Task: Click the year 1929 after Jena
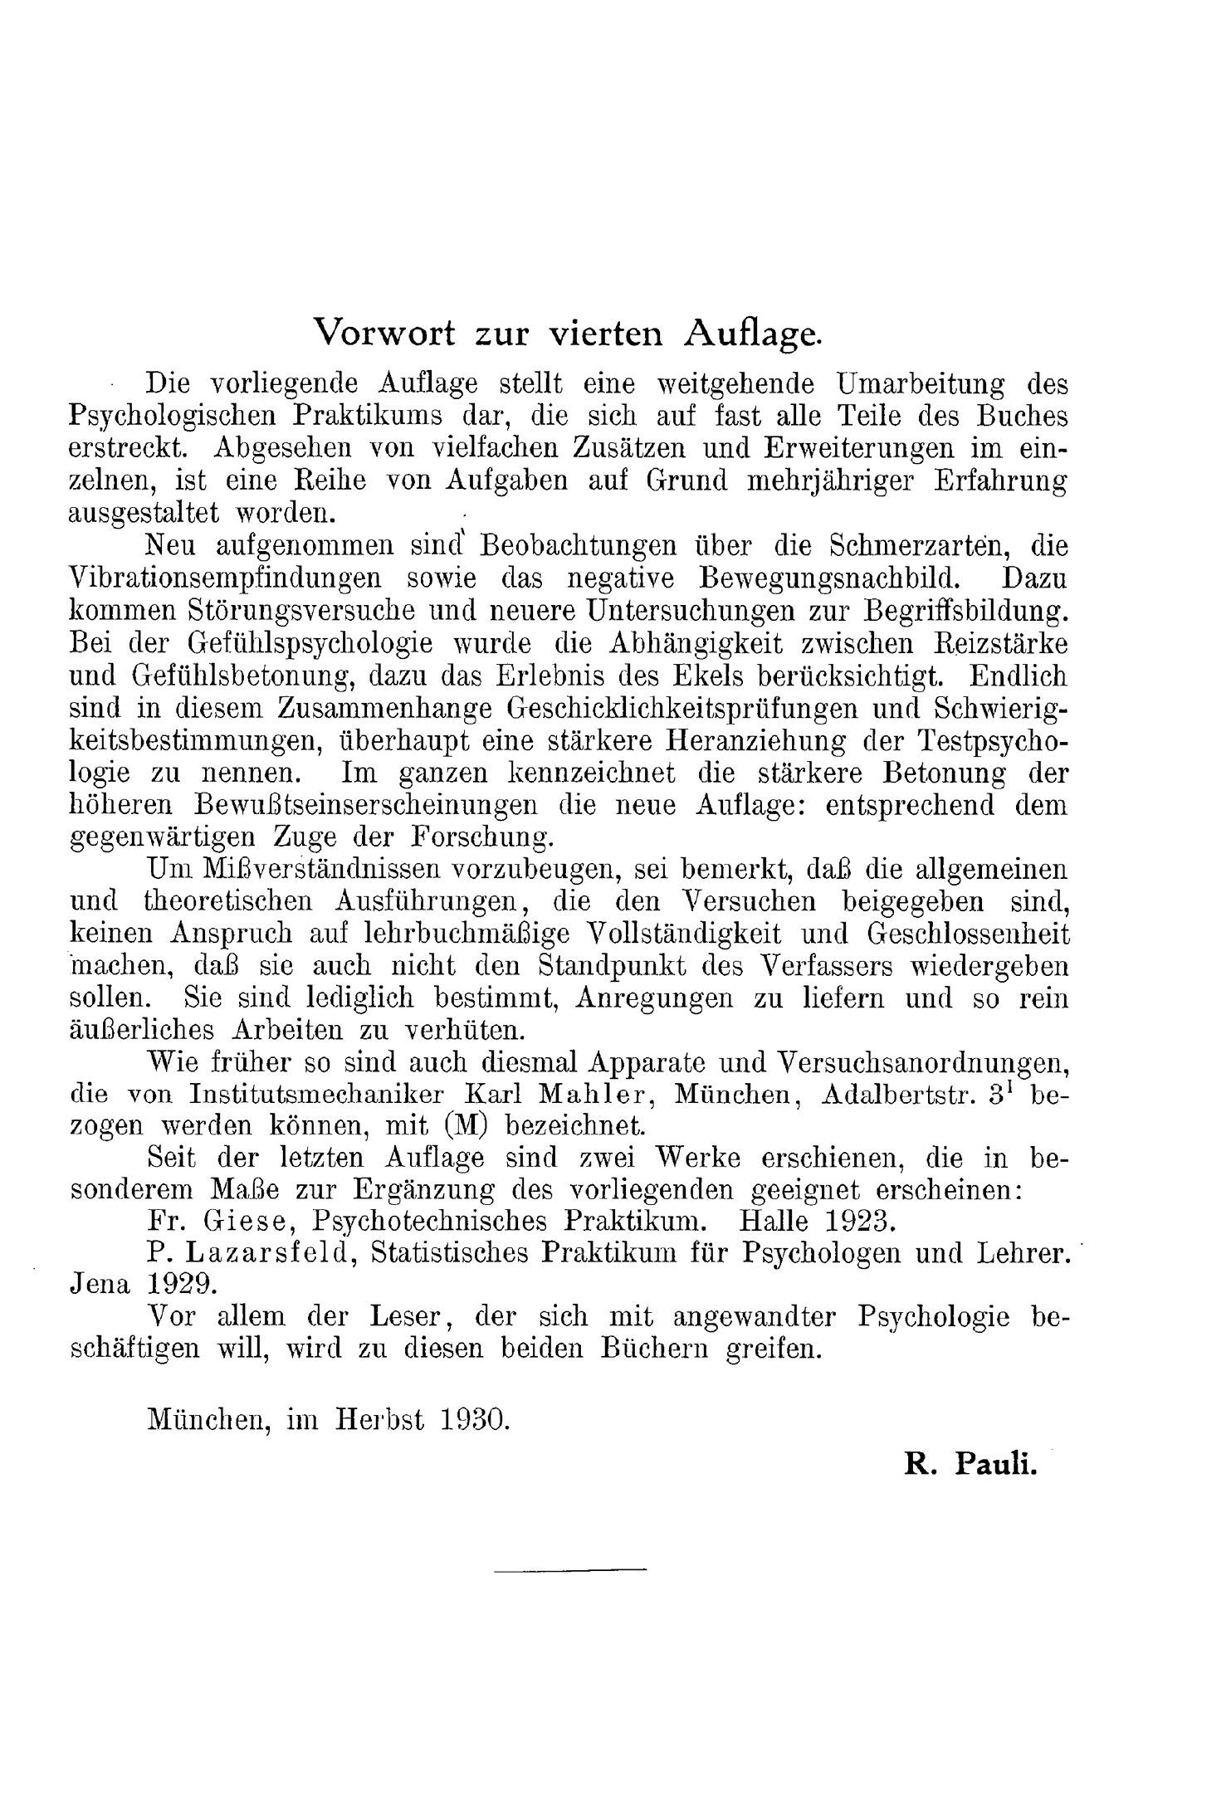point(183,1284)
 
